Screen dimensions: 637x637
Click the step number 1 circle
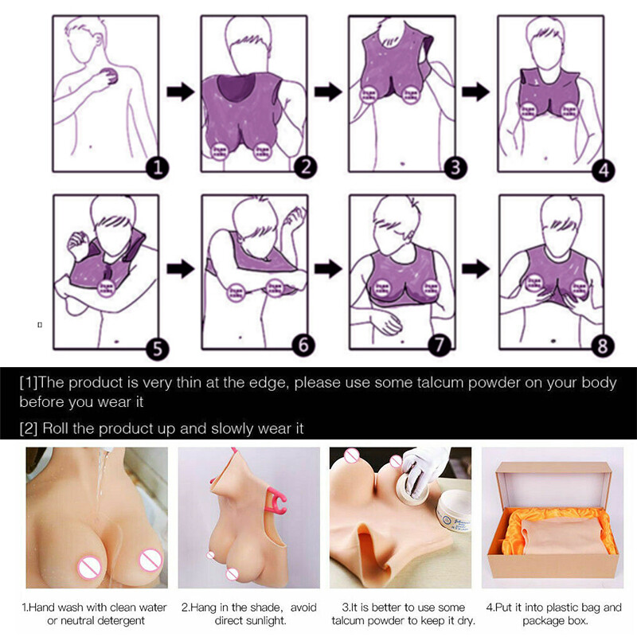[x=158, y=167]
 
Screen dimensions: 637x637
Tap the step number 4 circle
[x=604, y=170]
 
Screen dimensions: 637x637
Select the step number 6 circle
[x=305, y=345]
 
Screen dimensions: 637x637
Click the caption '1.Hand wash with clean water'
[x=96, y=608]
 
